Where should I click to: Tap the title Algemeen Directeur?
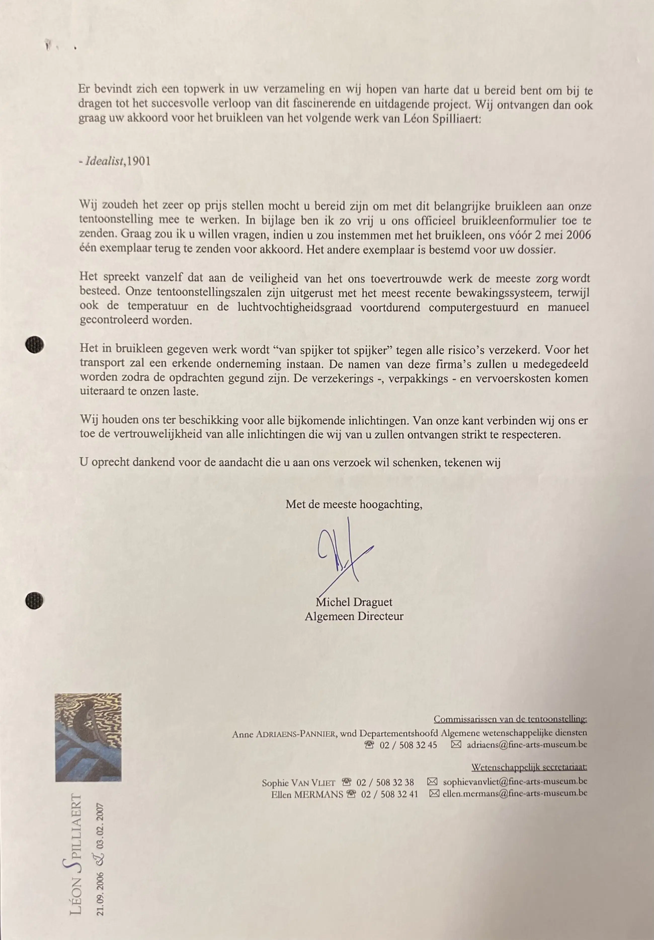point(354,616)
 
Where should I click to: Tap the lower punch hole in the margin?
point(34,600)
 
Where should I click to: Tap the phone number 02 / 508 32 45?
point(408,745)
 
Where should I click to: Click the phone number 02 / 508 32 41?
point(389,794)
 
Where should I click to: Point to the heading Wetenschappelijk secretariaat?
point(529,767)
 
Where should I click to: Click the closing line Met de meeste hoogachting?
point(354,504)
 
